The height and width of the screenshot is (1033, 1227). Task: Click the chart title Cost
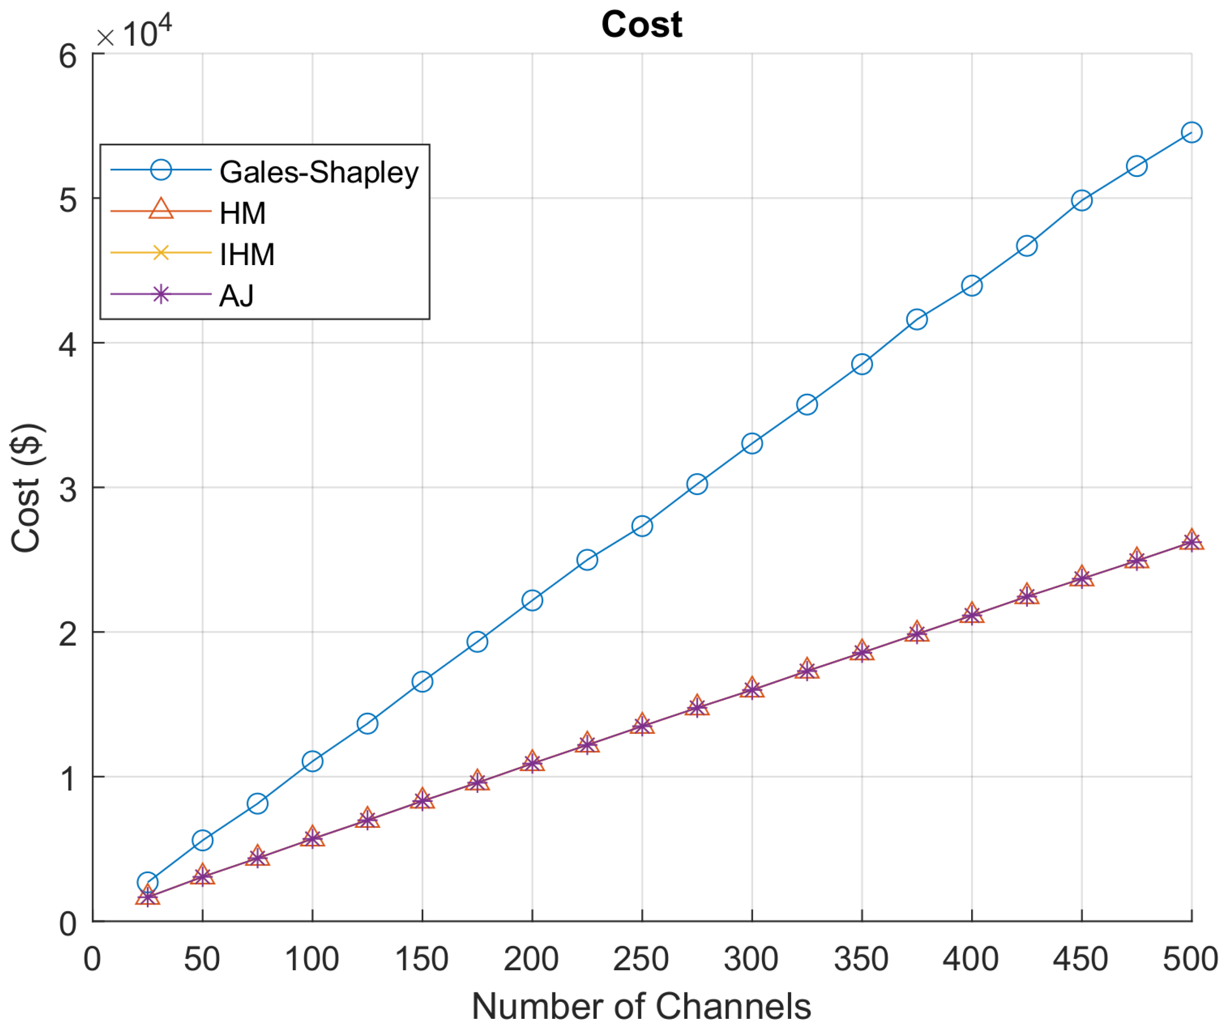[x=641, y=25]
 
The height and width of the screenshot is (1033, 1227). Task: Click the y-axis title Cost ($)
[x=26, y=488]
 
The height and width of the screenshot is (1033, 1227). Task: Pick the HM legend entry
[x=243, y=213]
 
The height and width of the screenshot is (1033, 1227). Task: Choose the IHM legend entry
[x=247, y=254]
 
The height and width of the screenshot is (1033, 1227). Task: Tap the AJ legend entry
[x=236, y=296]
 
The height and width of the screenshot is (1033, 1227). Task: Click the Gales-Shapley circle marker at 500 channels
[x=1191, y=133]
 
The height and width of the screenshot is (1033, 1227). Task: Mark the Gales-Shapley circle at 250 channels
[x=642, y=526]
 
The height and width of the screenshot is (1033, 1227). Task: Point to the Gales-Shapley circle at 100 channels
[x=313, y=761]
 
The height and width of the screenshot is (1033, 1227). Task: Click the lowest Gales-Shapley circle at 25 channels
[x=147, y=882]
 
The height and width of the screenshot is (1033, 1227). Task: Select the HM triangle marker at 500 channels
[x=1191, y=539]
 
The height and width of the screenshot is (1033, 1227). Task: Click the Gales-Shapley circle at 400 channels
[x=972, y=286]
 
